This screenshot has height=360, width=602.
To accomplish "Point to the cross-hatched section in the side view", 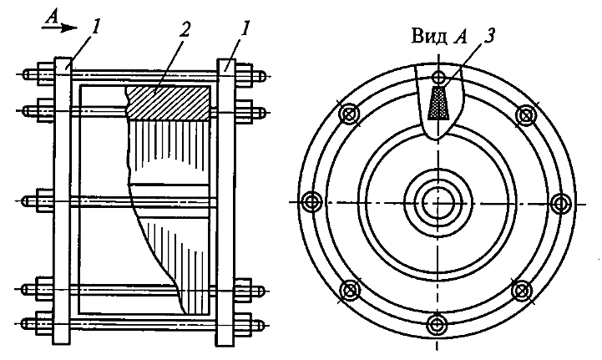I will point(167,102).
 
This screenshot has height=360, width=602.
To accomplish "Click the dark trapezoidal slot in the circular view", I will point(438,104).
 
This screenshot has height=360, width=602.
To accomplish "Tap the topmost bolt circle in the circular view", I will point(438,79).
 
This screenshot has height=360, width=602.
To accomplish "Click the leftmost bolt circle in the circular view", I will point(313,201).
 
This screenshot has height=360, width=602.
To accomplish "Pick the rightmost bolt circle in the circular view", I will point(561,201).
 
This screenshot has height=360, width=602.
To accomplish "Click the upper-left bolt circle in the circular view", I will point(349,114).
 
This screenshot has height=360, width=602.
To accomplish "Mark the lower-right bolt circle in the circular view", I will point(524,289).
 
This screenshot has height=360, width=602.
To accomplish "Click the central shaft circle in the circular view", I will point(437,201).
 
